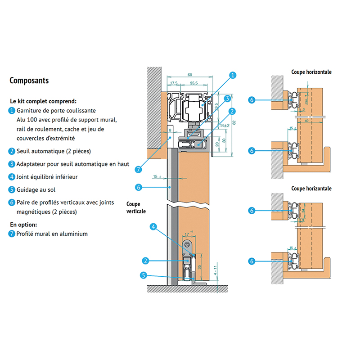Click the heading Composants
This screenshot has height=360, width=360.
29,81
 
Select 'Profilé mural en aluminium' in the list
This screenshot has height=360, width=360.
52,234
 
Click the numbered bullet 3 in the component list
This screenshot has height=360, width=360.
12,164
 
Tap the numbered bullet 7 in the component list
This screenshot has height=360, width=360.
12,234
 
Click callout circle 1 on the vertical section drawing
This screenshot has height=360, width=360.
232,76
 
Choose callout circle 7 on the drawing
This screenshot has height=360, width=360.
139,169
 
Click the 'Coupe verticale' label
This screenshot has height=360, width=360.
136,207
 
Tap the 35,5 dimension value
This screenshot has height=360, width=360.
195,83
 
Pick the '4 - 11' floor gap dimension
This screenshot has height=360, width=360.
216,270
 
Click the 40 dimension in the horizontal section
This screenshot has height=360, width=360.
307,121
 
